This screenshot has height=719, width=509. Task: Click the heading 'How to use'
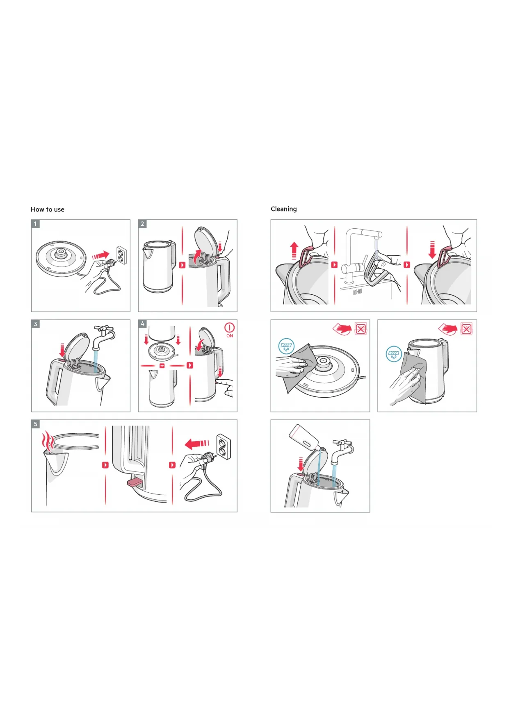pos(47,209)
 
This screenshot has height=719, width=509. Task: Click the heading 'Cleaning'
pos(283,209)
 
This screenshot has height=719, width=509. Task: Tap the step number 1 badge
pos(36,224)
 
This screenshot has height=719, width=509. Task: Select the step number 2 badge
pos(142,224)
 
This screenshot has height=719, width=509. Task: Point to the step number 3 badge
pos(36,324)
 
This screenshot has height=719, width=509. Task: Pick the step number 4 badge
pos(142,324)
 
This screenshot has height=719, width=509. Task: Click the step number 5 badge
pos(36,424)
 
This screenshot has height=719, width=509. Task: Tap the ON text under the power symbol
pos(230,336)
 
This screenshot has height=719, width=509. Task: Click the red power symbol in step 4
pos(229,328)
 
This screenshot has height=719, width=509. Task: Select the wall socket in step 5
pos(224,447)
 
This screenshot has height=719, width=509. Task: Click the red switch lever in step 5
pos(135,482)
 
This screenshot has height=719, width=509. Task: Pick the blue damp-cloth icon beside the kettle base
pos(286,346)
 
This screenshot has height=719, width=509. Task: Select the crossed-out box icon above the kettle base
pos(361,329)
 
